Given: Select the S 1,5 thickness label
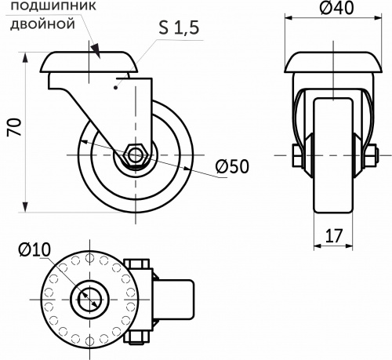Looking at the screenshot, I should coord(179,28).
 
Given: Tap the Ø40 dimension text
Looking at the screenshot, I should coord(336,9).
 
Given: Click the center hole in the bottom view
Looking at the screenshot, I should coord(88,298).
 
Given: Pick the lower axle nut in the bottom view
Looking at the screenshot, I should coord(137,337).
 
